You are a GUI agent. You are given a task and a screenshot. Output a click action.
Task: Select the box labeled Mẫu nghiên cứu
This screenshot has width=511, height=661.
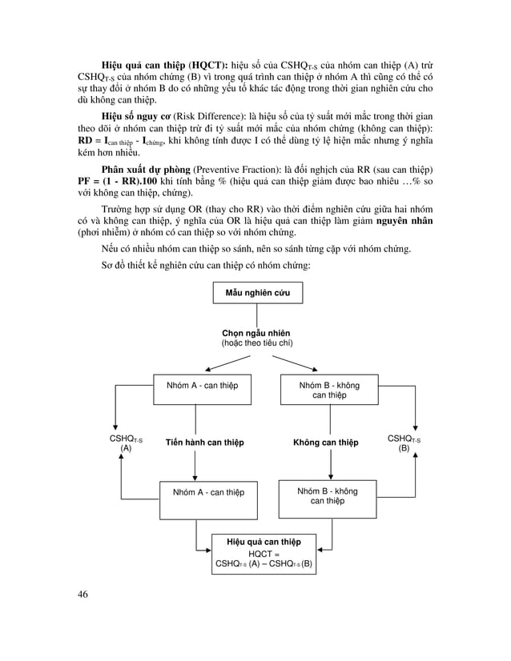click(x=257, y=293)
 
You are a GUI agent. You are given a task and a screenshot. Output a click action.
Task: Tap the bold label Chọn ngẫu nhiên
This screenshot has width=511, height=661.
click(x=256, y=333)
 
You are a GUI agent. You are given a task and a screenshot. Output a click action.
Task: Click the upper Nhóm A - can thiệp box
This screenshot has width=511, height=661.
click(x=196, y=386)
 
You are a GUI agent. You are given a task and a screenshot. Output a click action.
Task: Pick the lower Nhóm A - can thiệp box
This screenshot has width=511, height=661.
click(x=203, y=492)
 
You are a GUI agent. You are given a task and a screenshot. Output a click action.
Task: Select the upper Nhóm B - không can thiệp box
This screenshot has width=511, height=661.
click(x=329, y=391)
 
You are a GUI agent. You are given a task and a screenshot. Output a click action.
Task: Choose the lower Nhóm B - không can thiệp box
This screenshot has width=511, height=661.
click(x=328, y=496)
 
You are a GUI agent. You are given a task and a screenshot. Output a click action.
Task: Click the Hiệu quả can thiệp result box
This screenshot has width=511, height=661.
click(x=264, y=552)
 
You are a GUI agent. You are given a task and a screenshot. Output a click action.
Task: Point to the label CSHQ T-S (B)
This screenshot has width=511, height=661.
click(x=404, y=443)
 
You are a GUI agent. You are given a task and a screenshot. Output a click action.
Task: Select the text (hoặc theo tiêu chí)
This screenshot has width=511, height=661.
click(x=256, y=343)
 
